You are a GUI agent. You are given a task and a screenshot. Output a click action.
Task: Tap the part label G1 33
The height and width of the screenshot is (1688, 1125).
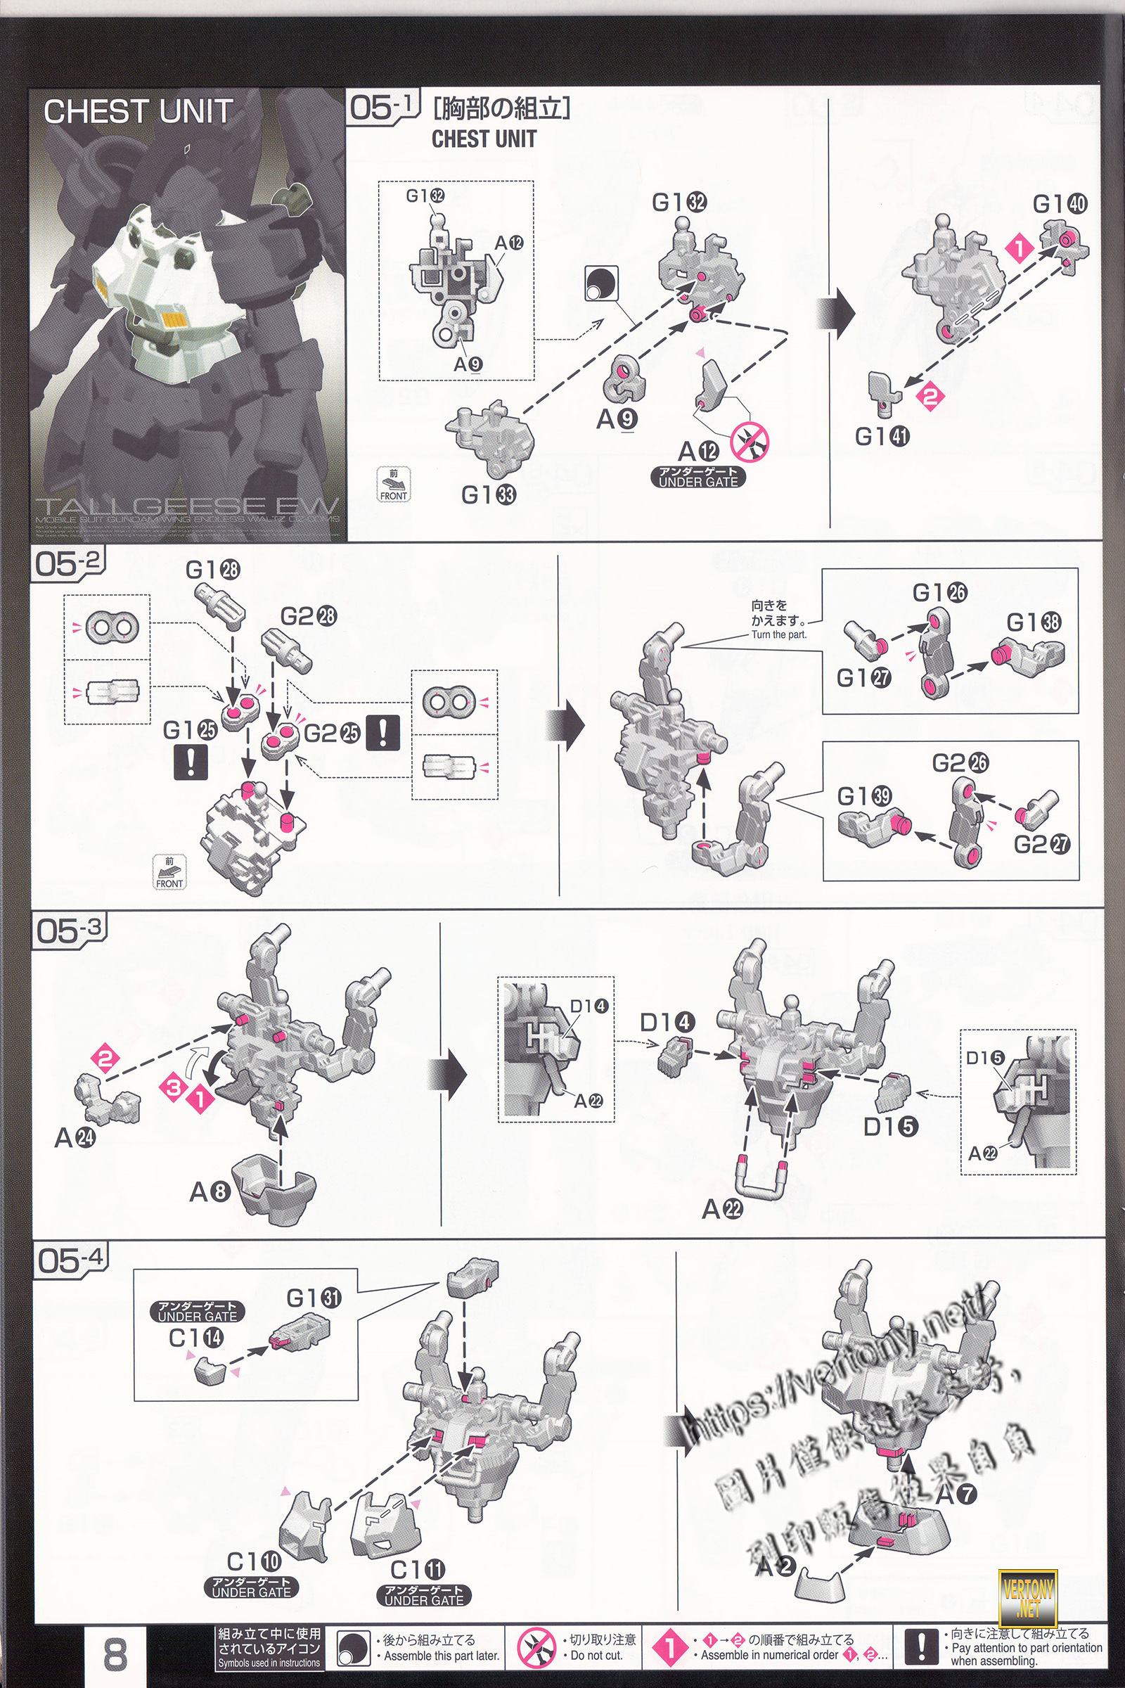[x=488, y=494]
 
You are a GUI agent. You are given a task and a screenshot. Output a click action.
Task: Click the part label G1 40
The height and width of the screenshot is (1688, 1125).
[x=1060, y=204]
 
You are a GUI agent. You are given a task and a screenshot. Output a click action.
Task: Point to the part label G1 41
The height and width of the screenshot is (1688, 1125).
[x=882, y=435]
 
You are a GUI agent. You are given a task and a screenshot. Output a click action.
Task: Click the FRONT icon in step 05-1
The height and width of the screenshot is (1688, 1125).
[x=393, y=485]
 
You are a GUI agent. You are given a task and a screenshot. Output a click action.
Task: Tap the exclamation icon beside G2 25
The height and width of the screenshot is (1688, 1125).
[x=382, y=732]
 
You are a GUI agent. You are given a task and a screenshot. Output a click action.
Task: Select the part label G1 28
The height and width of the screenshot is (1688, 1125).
[x=212, y=570]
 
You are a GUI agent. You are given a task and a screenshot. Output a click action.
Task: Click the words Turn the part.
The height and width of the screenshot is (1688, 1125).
[x=778, y=634]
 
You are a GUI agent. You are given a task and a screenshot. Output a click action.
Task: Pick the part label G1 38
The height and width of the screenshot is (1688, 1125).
[x=1033, y=622]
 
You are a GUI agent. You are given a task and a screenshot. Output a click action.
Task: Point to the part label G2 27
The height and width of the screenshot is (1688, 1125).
[x=1041, y=844]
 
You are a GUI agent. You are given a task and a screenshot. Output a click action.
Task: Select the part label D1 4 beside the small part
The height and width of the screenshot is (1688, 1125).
[x=667, y=1021]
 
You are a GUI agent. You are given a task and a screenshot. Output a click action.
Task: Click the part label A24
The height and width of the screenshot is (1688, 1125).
[x=75, y=1137]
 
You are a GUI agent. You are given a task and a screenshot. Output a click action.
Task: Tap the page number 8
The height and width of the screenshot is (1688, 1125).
[x=115, y=1654]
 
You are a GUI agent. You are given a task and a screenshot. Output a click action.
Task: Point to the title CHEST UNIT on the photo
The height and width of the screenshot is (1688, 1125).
[x=138, y=112]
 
